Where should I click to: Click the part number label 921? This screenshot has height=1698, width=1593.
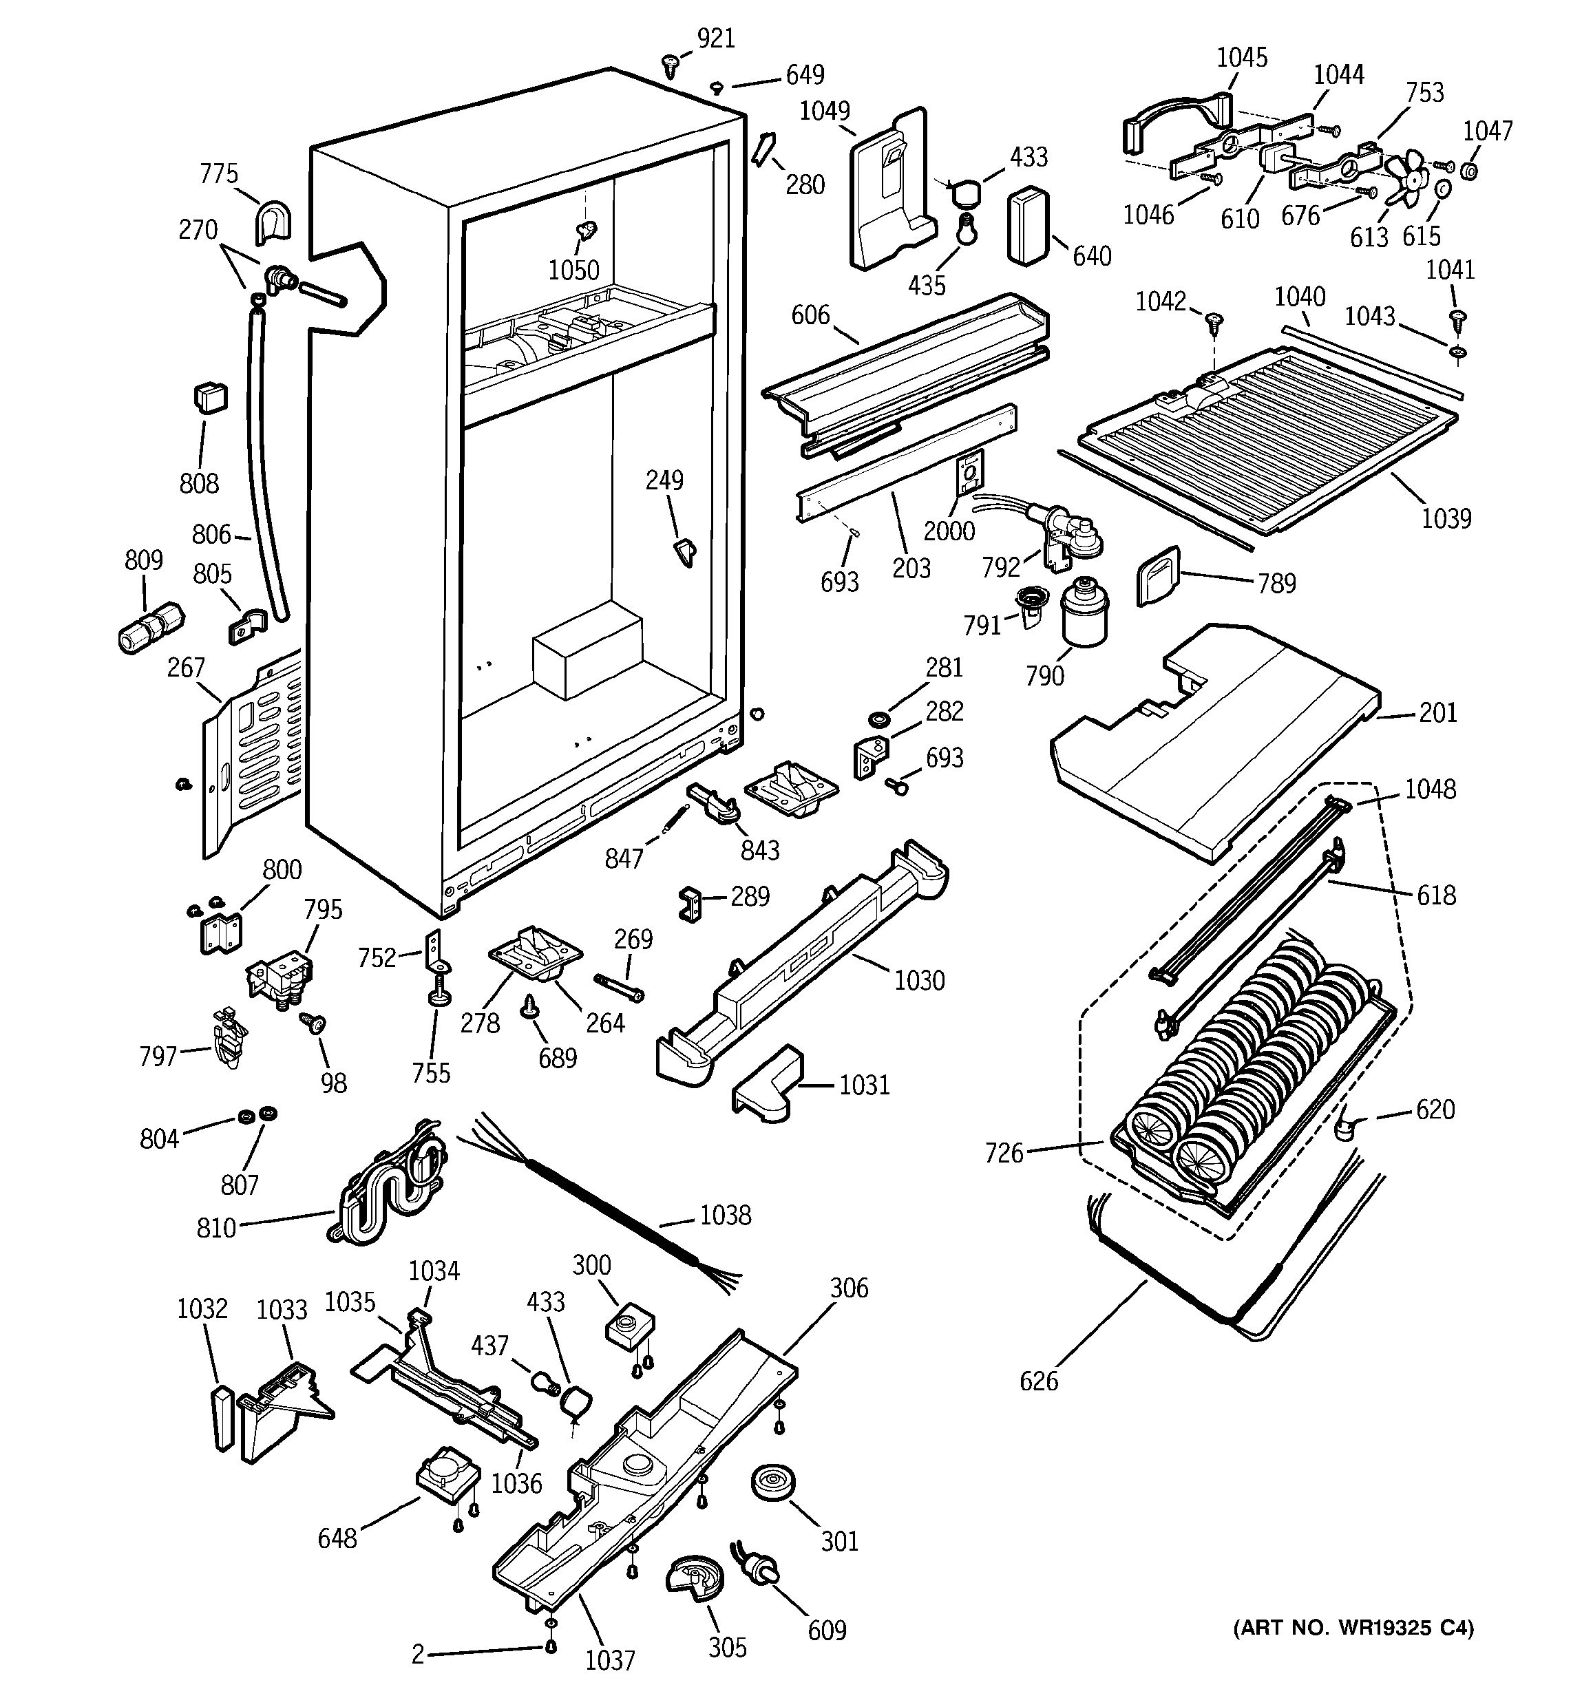(x=716, y=39)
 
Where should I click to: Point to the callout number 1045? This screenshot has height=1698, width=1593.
(x=1242, y=57)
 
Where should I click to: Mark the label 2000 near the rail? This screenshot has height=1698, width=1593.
(x=949, y=531)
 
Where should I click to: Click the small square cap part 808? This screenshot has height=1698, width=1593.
(x=210, y=397)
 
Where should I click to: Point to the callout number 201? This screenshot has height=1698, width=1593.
(x=1437, y=712)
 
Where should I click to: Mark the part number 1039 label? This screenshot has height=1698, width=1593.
(x=1446, y=518)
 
